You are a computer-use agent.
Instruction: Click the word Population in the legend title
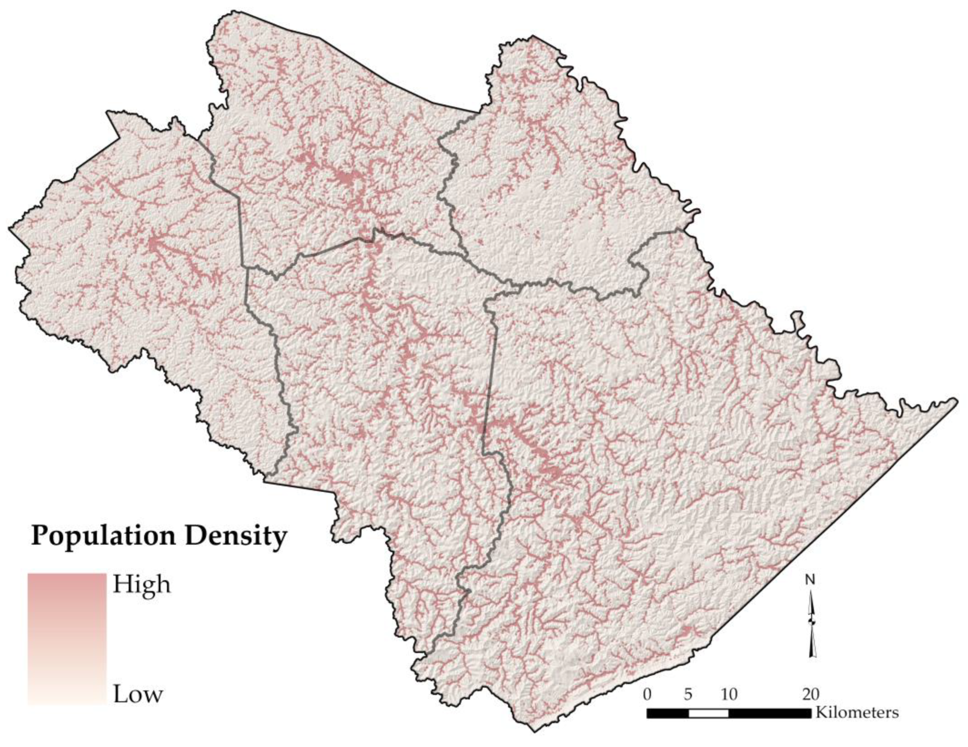[x=103, y=537]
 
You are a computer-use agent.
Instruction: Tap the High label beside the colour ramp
[x=141, y=585]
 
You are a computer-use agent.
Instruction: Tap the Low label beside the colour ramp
[x=138, y=694]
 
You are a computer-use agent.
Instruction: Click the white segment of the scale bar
[x=708, y=713]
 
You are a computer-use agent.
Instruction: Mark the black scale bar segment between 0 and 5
[x=667, y=713]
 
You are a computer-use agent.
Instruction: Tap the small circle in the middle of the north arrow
[x=812, y=622]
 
